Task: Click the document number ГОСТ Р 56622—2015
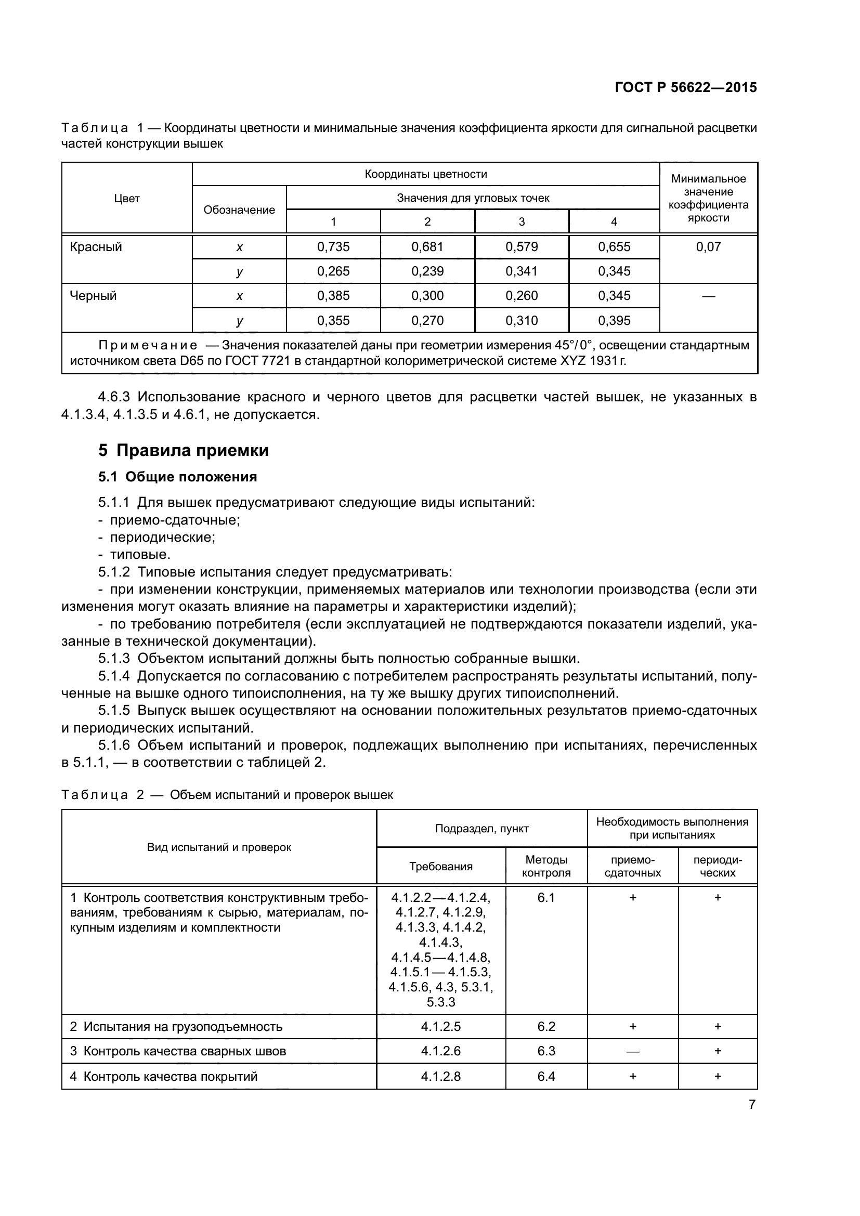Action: point(685,87)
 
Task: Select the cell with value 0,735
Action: point(333,247)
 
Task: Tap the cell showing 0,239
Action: point(427,271)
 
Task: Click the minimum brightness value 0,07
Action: point(708,247)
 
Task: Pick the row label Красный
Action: point(96,247)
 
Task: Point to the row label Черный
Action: point(93,295)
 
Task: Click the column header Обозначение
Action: point(239,210)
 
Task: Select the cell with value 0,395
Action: point(614,320)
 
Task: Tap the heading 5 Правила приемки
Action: point(183,450)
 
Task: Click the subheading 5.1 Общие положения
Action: point(177,477)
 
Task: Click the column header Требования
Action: point(440,867)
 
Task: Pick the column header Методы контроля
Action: point(546,866)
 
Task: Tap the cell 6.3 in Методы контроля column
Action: point(546,1051)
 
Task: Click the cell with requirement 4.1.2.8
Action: point(440,1076)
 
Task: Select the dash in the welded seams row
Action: point(632,1051)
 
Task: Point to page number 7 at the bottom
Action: point(751,1105)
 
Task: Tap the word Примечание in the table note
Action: point(148,346)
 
